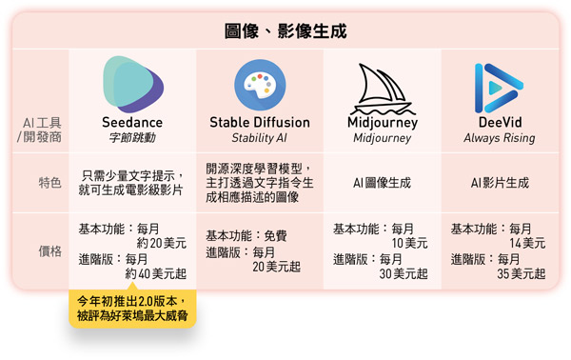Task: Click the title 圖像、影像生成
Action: (x=285, y=30)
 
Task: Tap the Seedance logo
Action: (x=132, y=83)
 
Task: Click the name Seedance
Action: (x=132, y=124)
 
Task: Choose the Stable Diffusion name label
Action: (x=260, y=124)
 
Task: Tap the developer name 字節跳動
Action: (x=132, y=139)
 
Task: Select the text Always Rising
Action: (x=499, y=139)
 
